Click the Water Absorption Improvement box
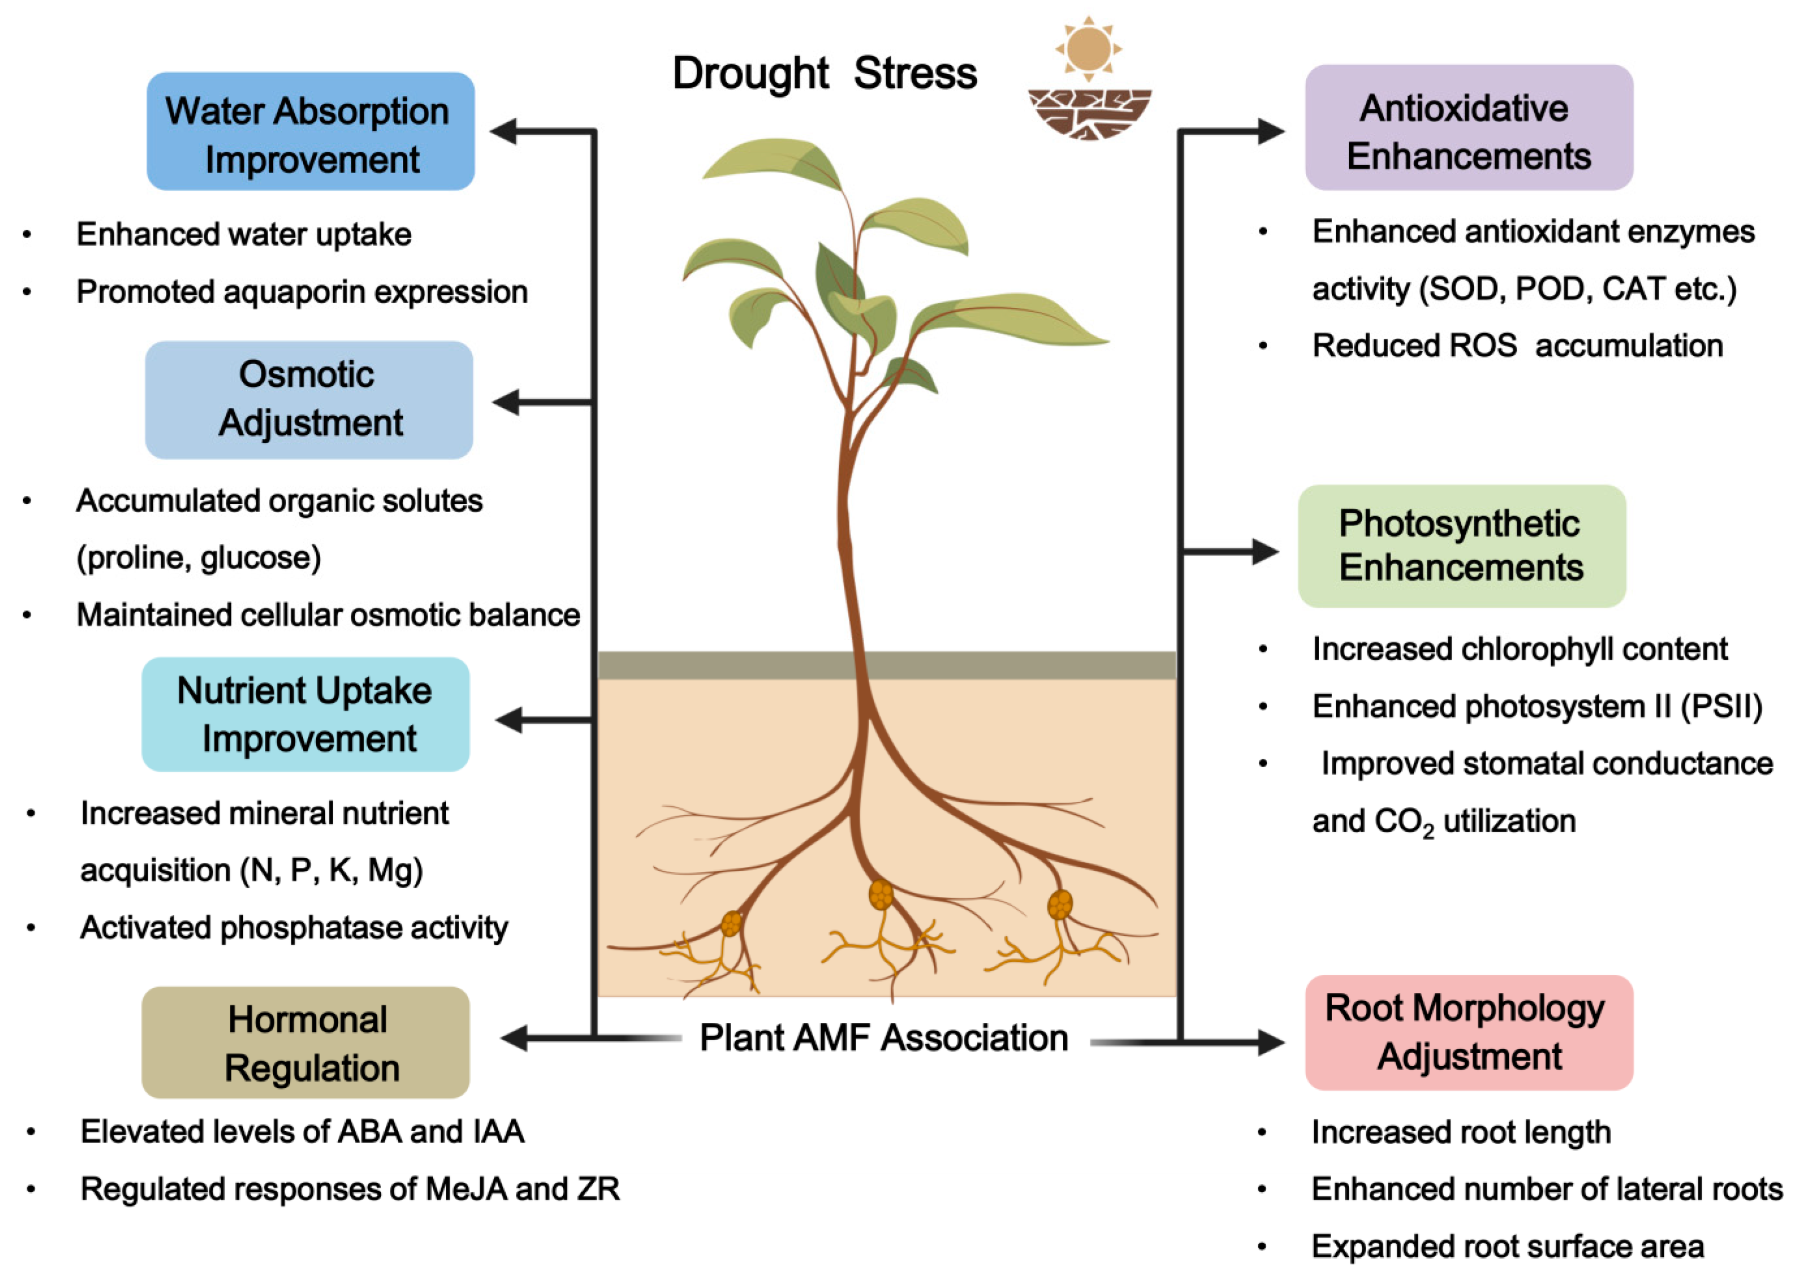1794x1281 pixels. (x=310, y=131)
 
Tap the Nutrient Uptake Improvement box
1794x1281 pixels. (x=305, y=714)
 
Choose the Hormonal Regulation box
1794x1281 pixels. (x=305, y=1042)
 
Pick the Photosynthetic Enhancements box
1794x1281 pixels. (x=1461, y=546)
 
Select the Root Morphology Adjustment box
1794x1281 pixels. (x=1468, y=1031)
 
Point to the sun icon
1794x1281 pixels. (x=1088, y=49)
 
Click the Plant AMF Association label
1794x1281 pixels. (x=883, y=1038)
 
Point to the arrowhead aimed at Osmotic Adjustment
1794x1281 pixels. (x=507, y=402)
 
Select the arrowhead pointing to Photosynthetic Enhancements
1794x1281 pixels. (x=1265, y=552)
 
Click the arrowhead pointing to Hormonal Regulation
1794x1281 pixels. (x=514, y=1038)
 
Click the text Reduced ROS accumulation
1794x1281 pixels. (x=1516, y=346)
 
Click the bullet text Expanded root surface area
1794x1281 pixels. (x=1507, y=1246)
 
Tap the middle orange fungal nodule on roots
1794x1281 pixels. (x=881, y=895)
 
